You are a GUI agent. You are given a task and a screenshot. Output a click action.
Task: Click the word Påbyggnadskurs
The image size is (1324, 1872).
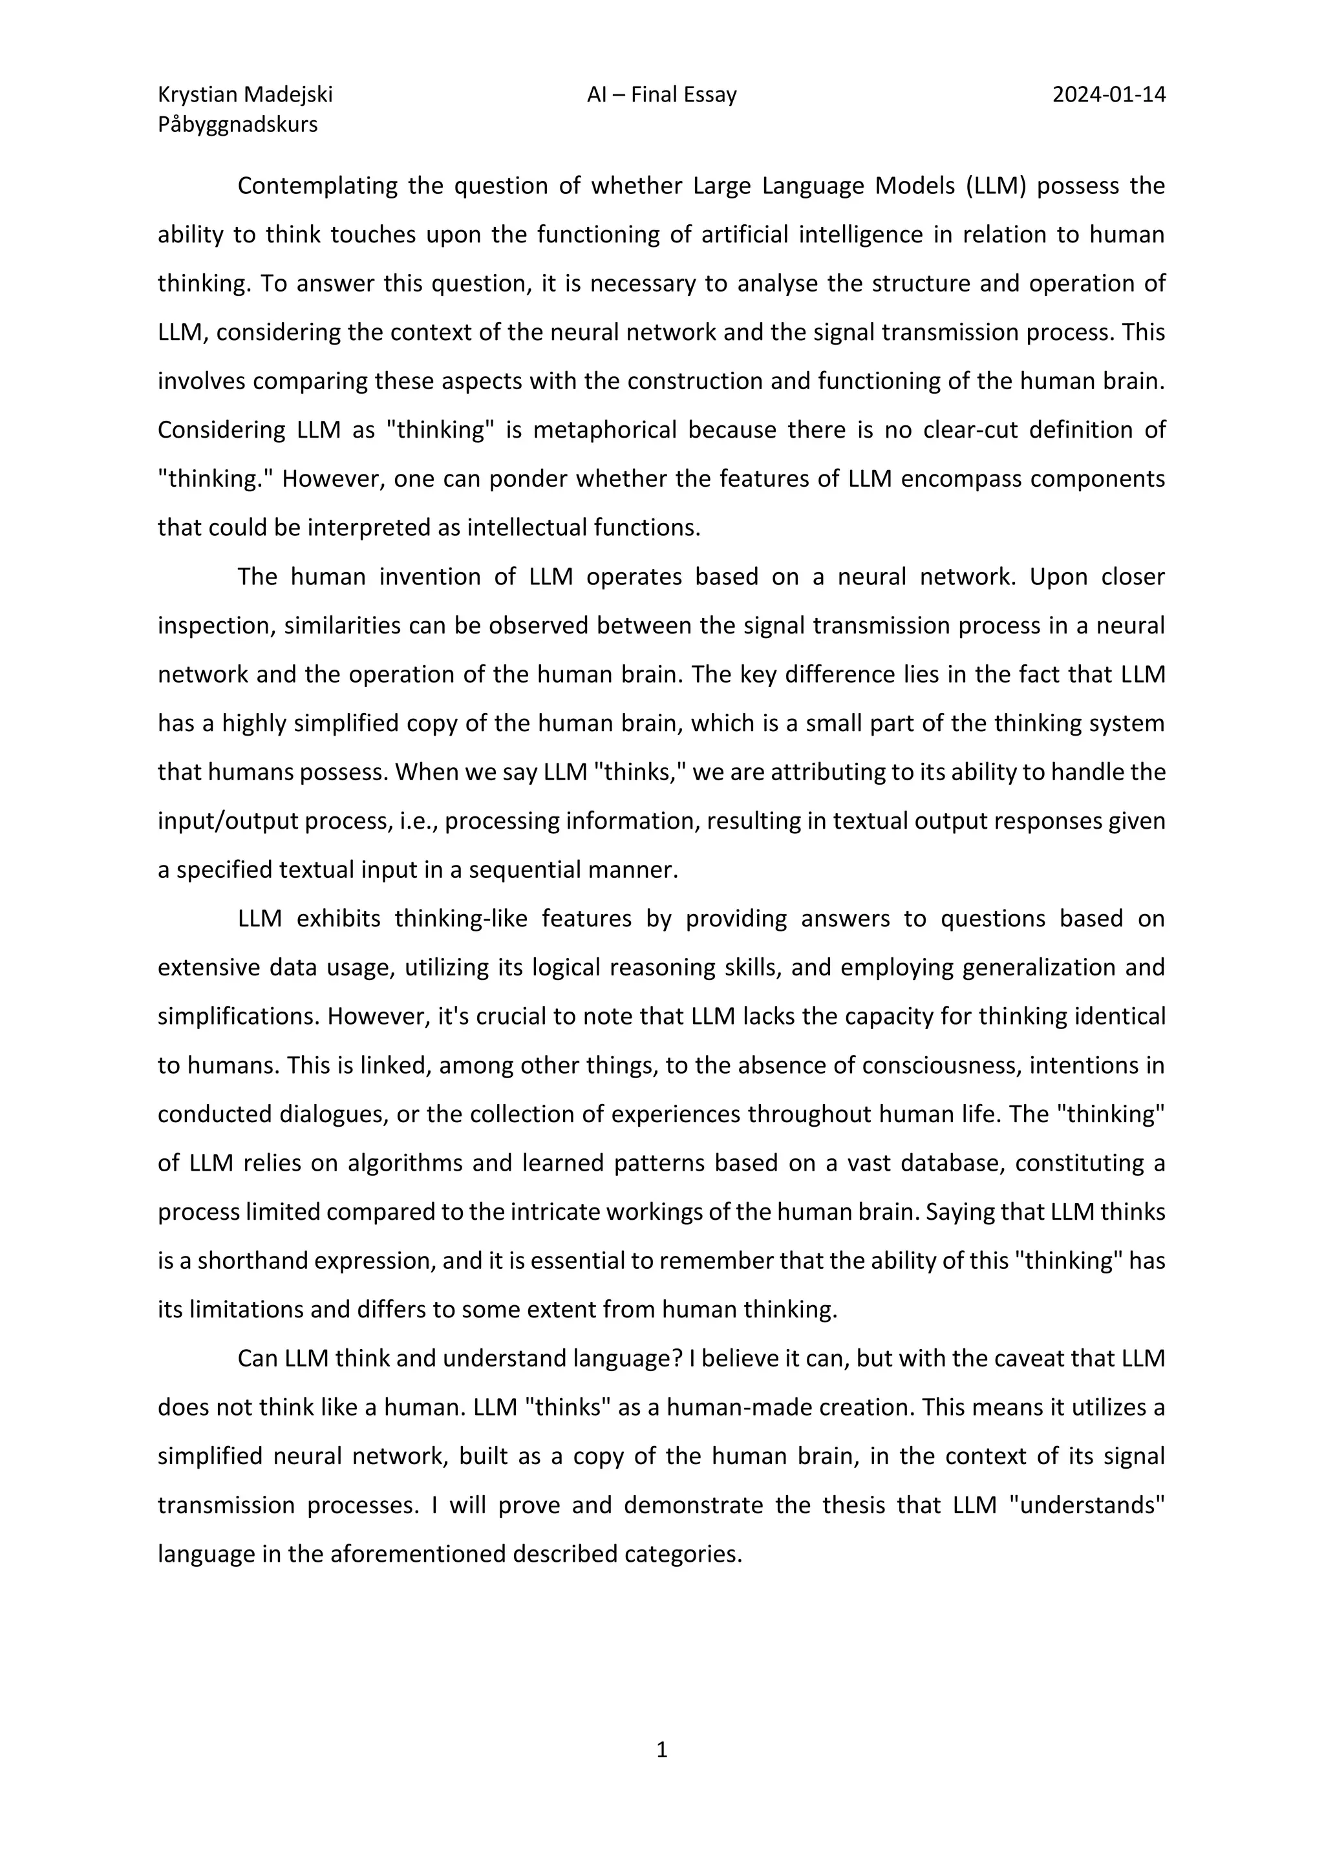pos(237,125)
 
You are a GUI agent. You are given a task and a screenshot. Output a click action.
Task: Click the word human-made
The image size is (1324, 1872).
pos(731,1408)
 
